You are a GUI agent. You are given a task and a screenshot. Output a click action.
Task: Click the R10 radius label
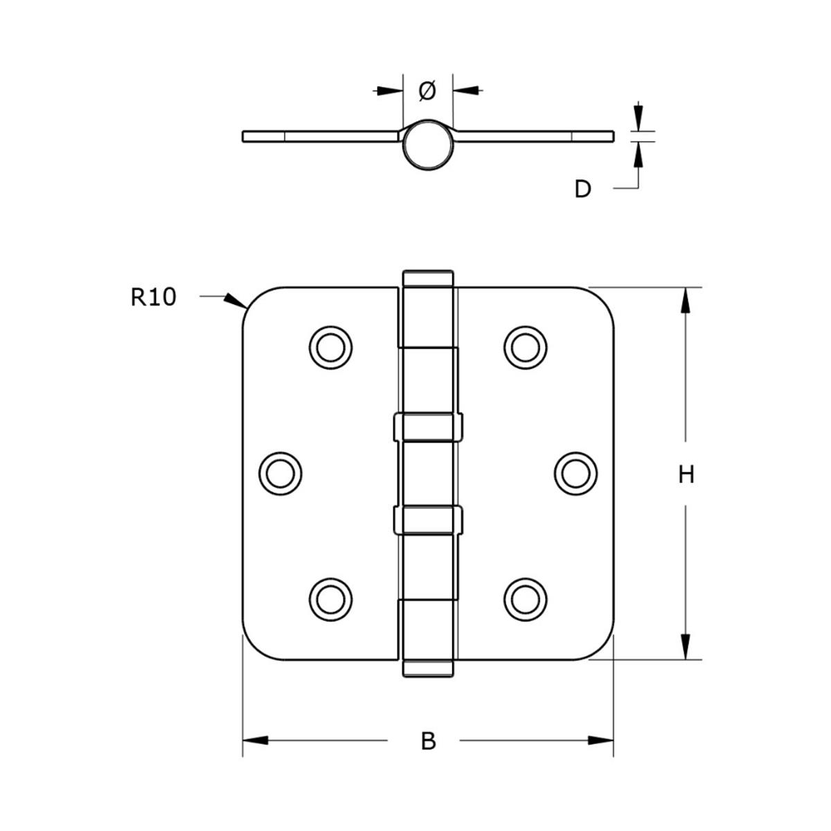[154, 297]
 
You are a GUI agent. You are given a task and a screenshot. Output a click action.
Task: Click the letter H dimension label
[686, 475]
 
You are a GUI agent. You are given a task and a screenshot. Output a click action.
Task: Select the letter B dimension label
[429, 741]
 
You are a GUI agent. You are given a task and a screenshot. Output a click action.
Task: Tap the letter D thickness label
[583, 188]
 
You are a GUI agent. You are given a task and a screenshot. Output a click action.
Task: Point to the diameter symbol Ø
[427, 90]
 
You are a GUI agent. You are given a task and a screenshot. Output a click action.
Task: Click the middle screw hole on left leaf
[280, 473]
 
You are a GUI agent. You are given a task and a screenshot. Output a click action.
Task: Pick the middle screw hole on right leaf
[576, 473]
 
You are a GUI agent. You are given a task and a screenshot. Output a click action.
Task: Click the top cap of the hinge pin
[427, 278]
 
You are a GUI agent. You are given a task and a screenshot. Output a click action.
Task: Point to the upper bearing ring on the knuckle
[427, 427]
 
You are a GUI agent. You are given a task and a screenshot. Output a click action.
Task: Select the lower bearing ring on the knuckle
[427, 519]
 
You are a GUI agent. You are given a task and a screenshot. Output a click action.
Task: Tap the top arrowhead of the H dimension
[686, 301]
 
